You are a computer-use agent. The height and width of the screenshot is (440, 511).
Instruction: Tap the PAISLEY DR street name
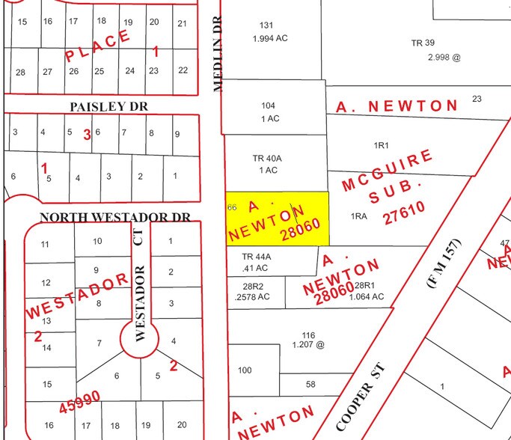pos(108,107)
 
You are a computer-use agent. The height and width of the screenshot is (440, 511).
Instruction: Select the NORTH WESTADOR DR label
pos(115,217)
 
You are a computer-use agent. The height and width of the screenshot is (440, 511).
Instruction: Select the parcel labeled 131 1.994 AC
pos(266,31)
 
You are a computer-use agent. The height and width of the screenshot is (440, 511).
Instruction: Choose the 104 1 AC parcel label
pos(269,112)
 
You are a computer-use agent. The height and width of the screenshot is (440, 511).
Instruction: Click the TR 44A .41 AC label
pos(257,261)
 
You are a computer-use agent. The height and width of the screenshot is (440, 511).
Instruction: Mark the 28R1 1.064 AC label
pos(369,291)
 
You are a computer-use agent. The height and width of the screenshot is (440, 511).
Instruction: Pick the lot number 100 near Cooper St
pos(245,370)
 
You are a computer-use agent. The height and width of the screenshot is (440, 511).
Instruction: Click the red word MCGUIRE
pos(387,171)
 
